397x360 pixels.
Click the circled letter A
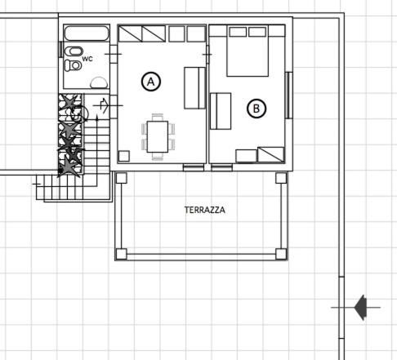coord(151,82)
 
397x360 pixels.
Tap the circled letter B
coord(256,109)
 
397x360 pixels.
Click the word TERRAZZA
coord(205,210)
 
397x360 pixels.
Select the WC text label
coord(87,59)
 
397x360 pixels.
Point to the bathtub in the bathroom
coord(87,33)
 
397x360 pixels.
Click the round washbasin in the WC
coord(99,82)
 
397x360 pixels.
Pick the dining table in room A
coord(158,136)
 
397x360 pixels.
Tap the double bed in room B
coord(248,51)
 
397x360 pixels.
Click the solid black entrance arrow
coord(360,308)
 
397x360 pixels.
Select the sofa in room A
coord(194,88)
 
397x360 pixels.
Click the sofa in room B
coord(221,111)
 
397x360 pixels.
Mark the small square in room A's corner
coord(124,156)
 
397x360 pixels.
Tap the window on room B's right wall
coord(288,96)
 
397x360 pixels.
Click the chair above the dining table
coord(158,118)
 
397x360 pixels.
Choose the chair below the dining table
coord(158,156)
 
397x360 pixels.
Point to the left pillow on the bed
coord(238,32)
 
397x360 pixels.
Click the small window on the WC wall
coord(60,49)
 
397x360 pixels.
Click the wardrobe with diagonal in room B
coord(271,154)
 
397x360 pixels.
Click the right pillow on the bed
coord(257,32)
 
